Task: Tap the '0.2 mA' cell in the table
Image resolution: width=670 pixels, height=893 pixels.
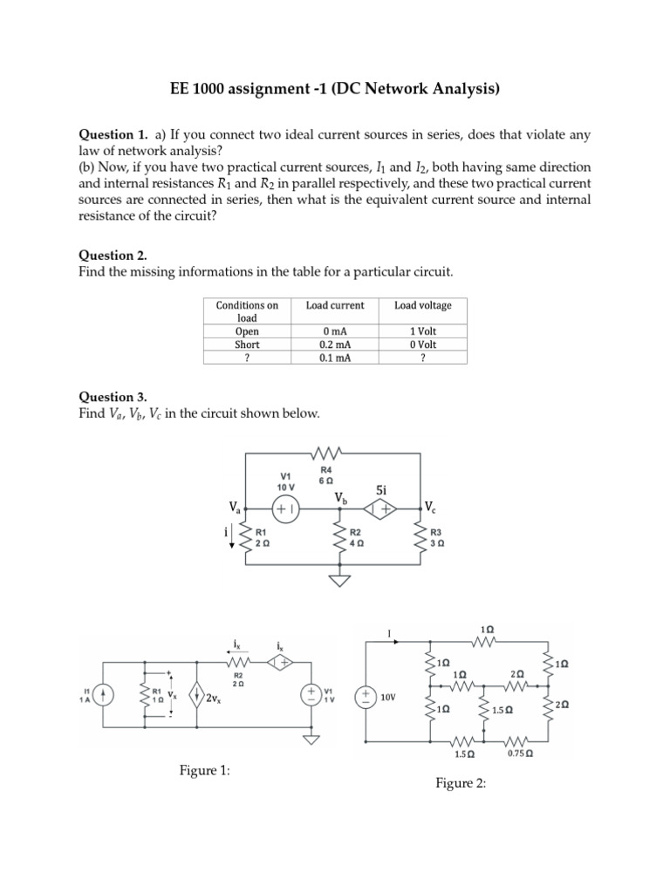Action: [335, 344]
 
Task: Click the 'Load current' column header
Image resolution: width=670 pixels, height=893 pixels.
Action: [335, 305]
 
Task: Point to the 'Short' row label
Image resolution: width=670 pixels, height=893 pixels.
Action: [247, 344]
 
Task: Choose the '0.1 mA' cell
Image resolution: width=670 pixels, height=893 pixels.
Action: [335, 358]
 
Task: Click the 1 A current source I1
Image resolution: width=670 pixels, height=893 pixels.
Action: [103, 695]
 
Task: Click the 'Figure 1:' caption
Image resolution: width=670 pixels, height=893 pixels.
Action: [204, 769]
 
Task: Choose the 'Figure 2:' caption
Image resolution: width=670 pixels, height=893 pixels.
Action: [460, 783]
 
